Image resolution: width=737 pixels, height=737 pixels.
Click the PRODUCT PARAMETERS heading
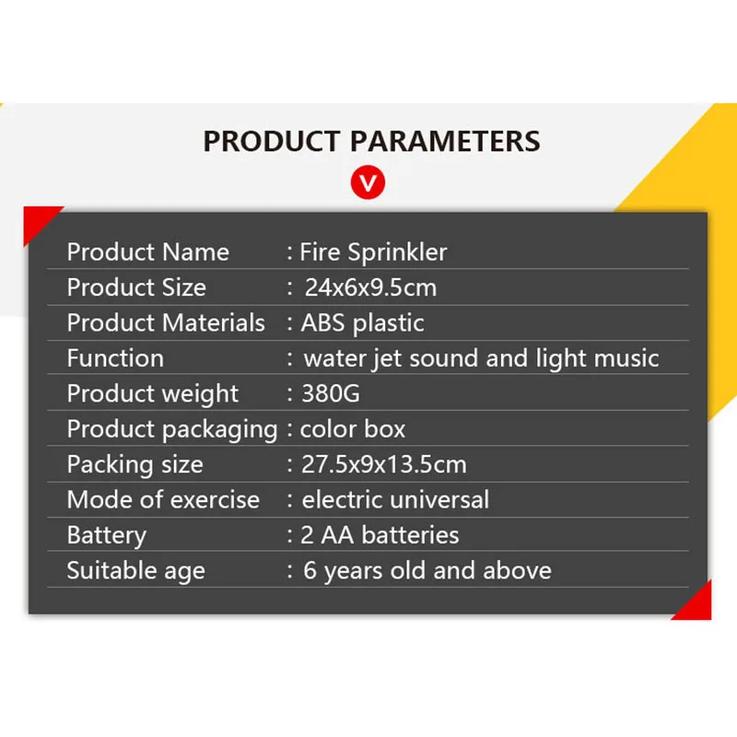(x=371, y=141)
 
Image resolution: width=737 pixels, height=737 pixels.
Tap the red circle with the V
(x=368, y=182)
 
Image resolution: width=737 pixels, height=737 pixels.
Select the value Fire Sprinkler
(x=373, y=252)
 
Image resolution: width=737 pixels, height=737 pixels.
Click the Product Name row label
(x=148, y=252)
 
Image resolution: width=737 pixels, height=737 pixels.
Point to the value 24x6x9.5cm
(x=371, y=287)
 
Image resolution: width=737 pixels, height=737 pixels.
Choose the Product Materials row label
(x=166, y=322)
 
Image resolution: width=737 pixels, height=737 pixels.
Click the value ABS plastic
(x=362, y=323)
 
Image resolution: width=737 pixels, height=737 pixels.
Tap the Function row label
(x=115, y=358)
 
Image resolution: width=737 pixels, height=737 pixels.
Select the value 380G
(x=331, y=393)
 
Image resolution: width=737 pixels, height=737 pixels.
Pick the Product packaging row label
(x=172, y=429)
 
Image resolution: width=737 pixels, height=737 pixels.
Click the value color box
(x=353, y=429)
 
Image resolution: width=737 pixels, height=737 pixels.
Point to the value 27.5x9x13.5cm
(x=384, y=464)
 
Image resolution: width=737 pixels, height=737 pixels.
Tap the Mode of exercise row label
(x=163, y=499)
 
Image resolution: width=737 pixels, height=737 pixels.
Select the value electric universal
(x=395, y=499)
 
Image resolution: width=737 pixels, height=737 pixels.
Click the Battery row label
(x=107, y=536)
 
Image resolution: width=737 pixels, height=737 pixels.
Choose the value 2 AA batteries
(x=380, y=535)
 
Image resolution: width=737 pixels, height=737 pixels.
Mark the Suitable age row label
(x=135, y=571)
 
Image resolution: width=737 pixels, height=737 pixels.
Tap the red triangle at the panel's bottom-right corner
(x=698, y=606)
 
